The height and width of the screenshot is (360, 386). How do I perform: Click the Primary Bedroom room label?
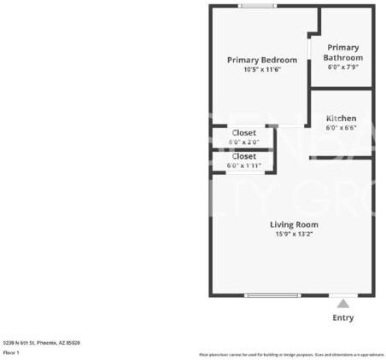(x=261, y=60)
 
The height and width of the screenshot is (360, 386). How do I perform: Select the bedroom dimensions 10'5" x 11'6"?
(x=261, y=69)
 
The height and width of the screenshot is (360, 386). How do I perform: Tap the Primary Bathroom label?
(x=342, y=52)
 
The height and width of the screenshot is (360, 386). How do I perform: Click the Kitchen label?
(x=341, y=117)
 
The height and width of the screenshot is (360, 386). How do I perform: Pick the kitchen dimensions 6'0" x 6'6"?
(x=341, y=127)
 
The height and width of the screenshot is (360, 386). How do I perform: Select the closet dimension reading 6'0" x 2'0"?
(x=243, y=142)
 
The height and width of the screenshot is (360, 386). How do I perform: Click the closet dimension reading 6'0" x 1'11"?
(x=244, y=165)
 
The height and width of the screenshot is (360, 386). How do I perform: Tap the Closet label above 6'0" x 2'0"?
(x=243, y=132)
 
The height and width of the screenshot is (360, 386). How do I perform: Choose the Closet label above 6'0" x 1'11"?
(x=243, y=156)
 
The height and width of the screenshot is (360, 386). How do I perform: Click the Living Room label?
(x=295, y=224)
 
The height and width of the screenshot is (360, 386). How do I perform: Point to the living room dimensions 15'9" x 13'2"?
(x=295, y=234)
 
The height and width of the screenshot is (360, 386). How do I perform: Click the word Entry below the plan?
(x=342, y=317)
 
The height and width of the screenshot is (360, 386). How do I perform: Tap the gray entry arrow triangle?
(x=342, y=303)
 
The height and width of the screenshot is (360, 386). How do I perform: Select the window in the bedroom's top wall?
(x=257, y=7)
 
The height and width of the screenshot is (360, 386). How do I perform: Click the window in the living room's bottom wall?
(x=272, y=295)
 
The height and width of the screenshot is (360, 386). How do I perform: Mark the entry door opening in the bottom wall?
(x=342, y=295)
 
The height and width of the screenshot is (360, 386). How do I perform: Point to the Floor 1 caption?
(x=11, y=351)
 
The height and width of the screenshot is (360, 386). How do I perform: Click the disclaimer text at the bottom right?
(x=291, y=354)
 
